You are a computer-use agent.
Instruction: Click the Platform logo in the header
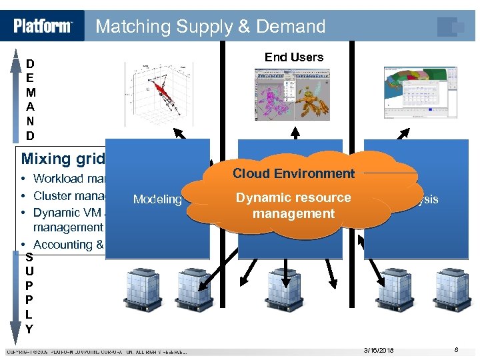coord(43,26)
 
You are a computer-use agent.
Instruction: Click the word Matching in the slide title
coord(133,27)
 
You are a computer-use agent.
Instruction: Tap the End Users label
coord(293,57)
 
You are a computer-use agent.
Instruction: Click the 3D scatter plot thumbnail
coord(159,93)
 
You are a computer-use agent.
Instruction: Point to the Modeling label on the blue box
coord(157,199)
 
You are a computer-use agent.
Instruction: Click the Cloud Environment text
coord(293,173)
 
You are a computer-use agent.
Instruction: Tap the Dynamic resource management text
coord(293,205)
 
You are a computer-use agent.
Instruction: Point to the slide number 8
coord(456,350)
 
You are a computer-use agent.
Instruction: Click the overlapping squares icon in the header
coord(451,26)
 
